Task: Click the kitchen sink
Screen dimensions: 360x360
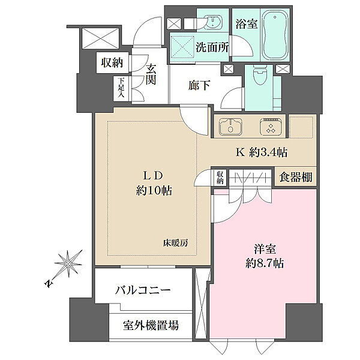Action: [230, 126]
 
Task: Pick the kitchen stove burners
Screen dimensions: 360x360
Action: [271, 126]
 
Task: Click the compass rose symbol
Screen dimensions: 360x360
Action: [68, 263]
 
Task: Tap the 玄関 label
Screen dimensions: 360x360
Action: [151, 74]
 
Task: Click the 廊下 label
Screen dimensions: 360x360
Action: [199, 86]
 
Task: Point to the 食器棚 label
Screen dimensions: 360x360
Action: [296, 177]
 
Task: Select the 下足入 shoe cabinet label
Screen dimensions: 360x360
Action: [121, 88]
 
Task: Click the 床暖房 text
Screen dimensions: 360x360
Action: [176, 243]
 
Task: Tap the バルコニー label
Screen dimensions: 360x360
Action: [143, 290]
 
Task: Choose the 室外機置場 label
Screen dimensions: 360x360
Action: [151, 325]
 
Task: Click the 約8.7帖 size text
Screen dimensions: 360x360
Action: [265, 264]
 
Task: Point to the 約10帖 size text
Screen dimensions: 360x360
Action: [154, 190]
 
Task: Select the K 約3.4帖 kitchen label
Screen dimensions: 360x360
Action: [262, 152]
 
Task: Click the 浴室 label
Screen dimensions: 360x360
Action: [247, 23]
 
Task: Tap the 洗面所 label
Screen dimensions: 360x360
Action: [212, 47]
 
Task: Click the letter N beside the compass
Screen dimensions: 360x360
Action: [48, 284]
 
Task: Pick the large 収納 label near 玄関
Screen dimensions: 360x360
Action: [112, 62]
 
